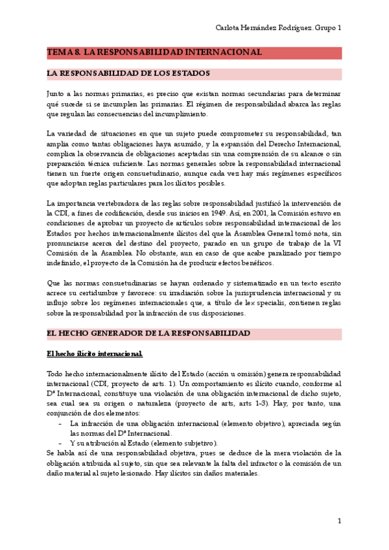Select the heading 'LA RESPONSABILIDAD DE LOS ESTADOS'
(128, 73)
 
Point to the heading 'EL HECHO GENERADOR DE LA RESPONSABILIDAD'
(148, 333)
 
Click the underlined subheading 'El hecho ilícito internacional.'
(95, 353)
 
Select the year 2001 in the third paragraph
(268, 212)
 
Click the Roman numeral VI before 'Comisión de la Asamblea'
(337, 243)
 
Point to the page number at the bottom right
(339, 521)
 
